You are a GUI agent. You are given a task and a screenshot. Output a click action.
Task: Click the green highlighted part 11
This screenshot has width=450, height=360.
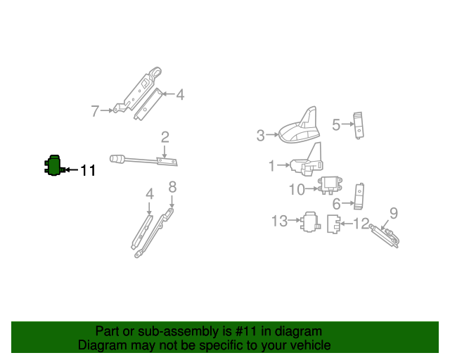(51, 166)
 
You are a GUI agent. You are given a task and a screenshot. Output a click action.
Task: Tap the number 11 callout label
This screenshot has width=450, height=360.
(87, 170)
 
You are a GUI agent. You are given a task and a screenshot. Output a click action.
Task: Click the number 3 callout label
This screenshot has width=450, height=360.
(261, 135)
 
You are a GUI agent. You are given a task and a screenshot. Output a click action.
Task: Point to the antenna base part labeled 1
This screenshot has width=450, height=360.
(307, 163)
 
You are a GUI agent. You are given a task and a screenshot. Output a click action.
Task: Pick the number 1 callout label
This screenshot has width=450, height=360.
(271, 166)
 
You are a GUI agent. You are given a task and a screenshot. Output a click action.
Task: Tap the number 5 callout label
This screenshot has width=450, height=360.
(336, 124)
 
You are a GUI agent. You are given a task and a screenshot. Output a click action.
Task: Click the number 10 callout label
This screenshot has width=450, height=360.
(297, 188)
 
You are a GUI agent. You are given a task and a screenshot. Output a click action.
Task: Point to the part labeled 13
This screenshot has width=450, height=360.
(310, 221)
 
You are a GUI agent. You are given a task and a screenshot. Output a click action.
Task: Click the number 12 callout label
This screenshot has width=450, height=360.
(361, 224)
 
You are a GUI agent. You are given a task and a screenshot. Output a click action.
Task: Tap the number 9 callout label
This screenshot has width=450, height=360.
(394, 212)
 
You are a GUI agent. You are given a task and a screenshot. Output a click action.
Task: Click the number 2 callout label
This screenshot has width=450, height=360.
(165, 137)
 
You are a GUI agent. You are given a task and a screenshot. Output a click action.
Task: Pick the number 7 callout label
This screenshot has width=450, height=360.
(96, 110)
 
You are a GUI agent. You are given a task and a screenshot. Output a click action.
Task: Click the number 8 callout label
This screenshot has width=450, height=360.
(172, 186)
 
